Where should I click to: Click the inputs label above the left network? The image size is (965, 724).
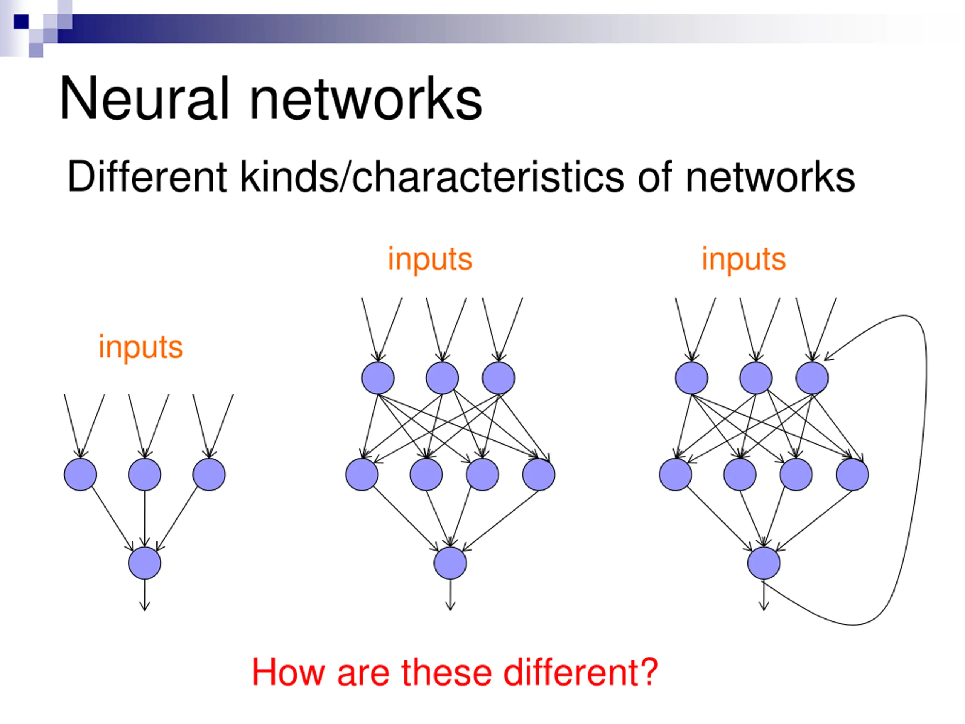click(141, 348)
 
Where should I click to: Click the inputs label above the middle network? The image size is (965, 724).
click(430, 260)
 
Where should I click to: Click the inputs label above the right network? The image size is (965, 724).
click(743, 260)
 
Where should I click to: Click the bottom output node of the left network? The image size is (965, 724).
click(145, 563)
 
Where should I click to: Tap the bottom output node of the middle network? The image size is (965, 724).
click(450, 563)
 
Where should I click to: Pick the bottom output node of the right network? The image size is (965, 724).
click(764, 563)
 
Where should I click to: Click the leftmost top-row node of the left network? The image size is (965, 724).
click(80, 474)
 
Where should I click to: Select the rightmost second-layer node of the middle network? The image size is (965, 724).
click(539, 474)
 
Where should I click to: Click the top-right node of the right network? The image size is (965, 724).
click(812, 378)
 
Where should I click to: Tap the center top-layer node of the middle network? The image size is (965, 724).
click(443, 378)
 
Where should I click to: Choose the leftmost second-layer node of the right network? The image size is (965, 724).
click(675, 474)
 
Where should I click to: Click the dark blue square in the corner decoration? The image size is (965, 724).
click(21, 22)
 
